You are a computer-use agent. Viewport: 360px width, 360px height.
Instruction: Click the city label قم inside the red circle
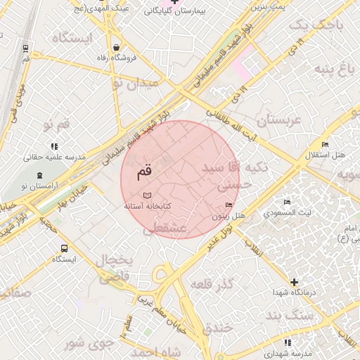[x=143, y=171]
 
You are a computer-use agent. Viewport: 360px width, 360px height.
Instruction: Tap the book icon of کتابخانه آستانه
[x=147, y=195]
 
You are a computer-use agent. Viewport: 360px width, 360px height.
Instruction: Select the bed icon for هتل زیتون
[x=229, y=205]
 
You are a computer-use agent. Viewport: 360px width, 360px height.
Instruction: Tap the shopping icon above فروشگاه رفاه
[x=115, y=49]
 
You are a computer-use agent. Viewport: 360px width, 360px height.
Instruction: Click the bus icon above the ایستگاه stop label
[x=65, y=248]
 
